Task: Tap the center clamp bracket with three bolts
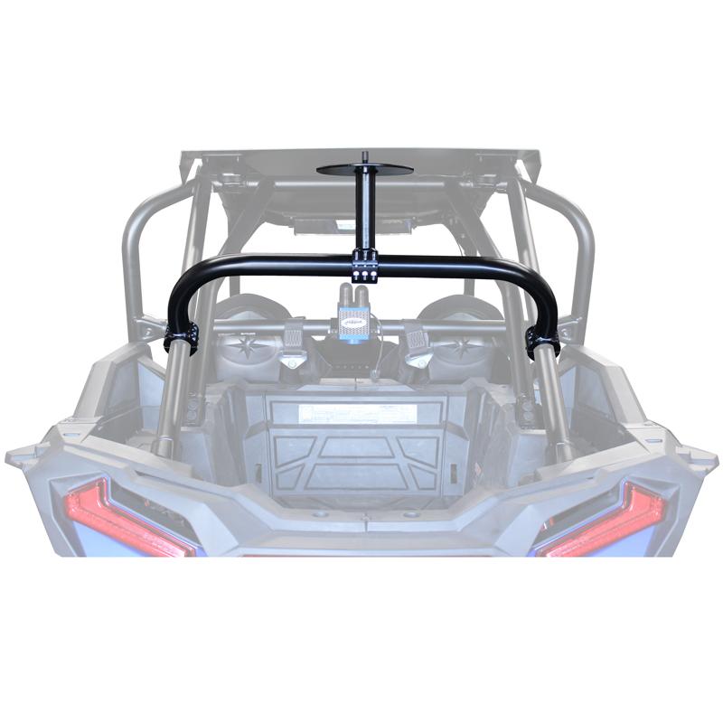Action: [364, 268]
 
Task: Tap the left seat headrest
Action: [241, 312]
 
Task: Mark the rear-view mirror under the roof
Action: [347, 223]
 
